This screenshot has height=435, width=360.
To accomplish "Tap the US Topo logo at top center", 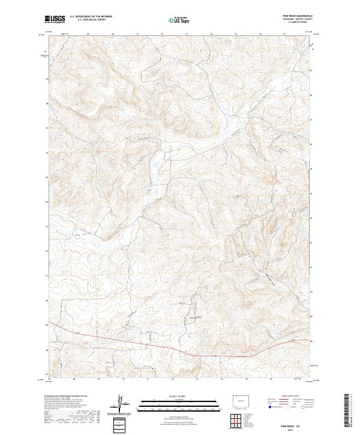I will [179, 20].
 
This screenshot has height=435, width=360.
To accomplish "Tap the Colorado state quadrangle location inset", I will [242, 399].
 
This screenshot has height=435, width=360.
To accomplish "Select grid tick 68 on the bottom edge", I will [73, 379].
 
